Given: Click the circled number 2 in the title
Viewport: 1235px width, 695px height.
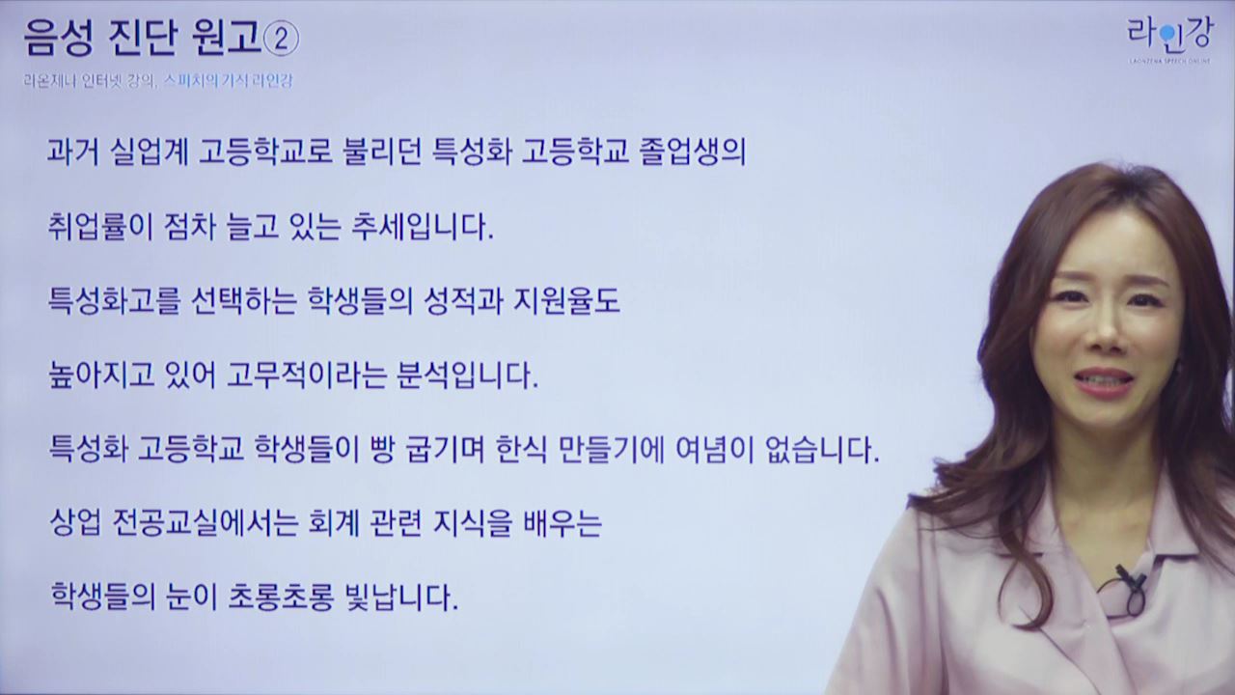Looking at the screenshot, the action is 281,40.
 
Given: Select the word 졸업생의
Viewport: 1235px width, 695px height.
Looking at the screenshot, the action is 692,151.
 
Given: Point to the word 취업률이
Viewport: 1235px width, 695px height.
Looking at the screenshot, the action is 99,226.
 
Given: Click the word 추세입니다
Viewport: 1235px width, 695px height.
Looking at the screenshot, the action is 423,226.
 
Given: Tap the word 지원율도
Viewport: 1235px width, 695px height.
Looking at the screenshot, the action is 566,301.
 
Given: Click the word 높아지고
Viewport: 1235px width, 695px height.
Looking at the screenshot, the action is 101,375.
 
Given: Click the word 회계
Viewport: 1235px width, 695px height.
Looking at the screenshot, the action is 334,523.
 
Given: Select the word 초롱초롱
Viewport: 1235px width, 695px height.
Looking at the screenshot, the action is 281,597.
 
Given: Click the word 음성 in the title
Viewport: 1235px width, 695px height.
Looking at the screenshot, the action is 59,39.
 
